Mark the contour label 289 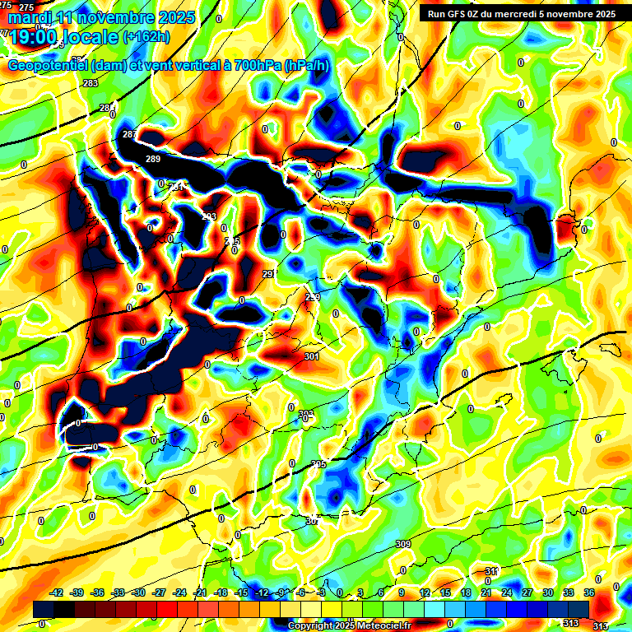153,159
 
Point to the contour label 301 310,356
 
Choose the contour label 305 319,465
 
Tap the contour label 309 402,544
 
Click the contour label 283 90,84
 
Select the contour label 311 491,571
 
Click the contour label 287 129,134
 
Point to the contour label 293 209,217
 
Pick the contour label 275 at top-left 27,7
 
